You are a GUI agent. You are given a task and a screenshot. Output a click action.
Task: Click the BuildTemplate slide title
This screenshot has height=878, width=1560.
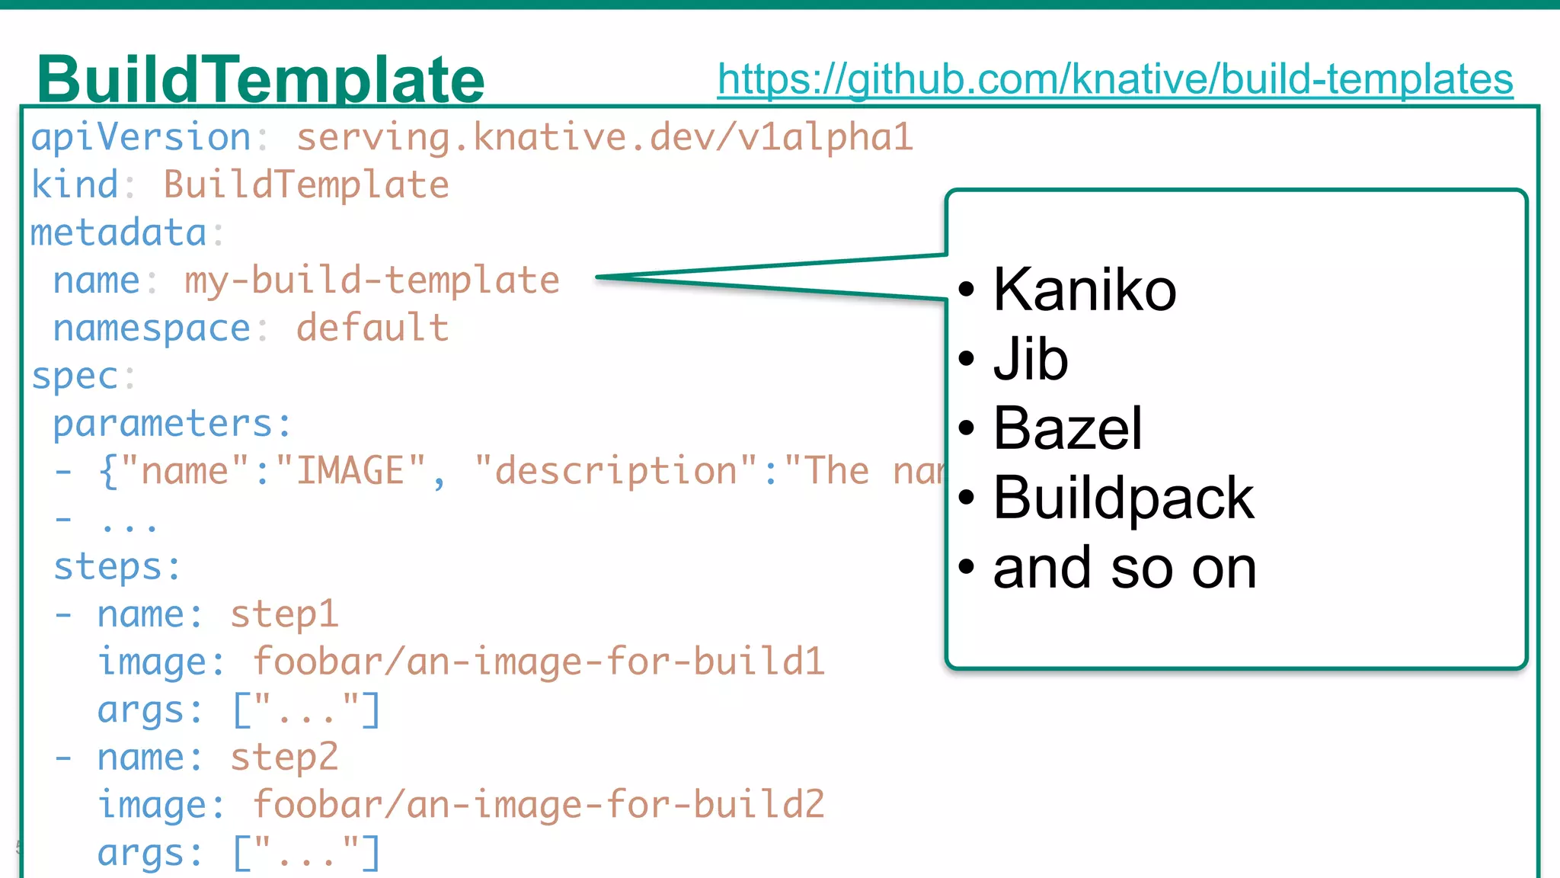pos(261,79)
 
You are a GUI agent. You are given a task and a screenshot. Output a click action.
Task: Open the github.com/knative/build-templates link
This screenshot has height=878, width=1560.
pos(1114,79)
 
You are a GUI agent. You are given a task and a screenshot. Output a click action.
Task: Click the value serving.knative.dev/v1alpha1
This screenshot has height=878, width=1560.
pos(604,138)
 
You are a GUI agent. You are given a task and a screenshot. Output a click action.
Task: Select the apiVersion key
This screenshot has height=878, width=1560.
pos(141,138)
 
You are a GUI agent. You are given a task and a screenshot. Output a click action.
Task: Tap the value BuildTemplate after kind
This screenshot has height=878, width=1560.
pos(306,185)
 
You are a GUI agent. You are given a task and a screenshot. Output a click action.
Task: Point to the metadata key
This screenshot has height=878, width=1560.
pos(119,233)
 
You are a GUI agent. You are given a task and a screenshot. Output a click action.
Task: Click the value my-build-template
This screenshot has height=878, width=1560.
pos(372,280)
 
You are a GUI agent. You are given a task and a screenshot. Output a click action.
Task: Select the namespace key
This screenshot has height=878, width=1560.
pos(152,328)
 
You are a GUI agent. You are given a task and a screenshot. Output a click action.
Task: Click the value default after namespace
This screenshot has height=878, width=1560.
pos(372,328)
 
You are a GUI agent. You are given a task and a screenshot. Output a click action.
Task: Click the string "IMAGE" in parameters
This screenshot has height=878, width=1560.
pos(350,471)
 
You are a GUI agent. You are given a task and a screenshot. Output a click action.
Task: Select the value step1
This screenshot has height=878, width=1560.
pos(284,614)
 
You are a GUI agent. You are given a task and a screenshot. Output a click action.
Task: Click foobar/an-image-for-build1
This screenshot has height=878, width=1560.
pos(539,662)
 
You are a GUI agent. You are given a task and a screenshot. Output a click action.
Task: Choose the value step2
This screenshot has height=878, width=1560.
pos(284,758)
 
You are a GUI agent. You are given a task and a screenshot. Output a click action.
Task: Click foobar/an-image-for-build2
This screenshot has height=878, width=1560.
pos(539,805)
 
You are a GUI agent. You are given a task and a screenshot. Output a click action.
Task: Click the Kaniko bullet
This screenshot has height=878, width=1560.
pos(1085,290)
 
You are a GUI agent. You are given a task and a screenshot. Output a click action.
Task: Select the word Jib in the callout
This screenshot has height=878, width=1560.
pos(1031,359)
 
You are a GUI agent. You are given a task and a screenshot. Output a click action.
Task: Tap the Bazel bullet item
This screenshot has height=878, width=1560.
pos(1067,428)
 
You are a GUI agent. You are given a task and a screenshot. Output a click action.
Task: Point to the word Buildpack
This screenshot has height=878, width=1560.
pos(1124,498)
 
